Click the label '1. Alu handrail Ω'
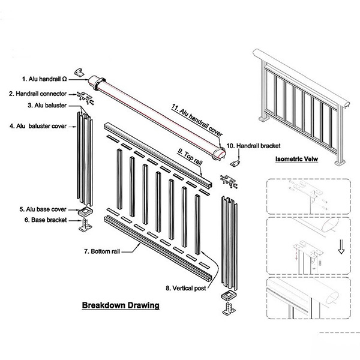pos(44,79)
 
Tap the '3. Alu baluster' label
pos(47,106)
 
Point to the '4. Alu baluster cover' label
pos(39,126)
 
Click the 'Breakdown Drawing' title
pos(121,305)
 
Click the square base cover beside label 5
pos(85,213)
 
